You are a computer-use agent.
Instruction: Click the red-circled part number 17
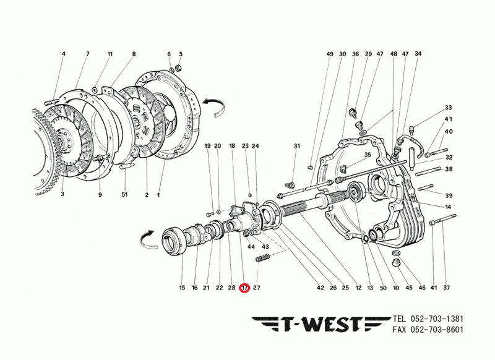[x=244, y=288]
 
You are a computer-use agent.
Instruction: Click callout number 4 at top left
[x=63, y=54]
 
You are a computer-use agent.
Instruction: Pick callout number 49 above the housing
[x=330, y=54]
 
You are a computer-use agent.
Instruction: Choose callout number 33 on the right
[x=448, y=108]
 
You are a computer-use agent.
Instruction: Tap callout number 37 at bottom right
[x=447, y=288]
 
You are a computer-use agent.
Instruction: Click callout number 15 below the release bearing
[x=183, y=288]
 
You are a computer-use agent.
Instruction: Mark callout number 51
[x=124, y=195]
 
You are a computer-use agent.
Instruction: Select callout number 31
[x=296, y=146]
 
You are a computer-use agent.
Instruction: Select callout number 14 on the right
[x=448, y=206]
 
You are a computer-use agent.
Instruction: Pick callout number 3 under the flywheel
[x=62, y=195]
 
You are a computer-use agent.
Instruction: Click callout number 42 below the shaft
[x=320, y=288]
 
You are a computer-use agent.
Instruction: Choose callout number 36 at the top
[x=355, y=54]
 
